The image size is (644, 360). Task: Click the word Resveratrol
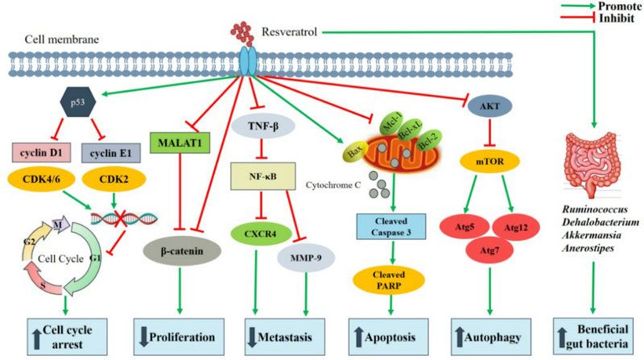point(289,31)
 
